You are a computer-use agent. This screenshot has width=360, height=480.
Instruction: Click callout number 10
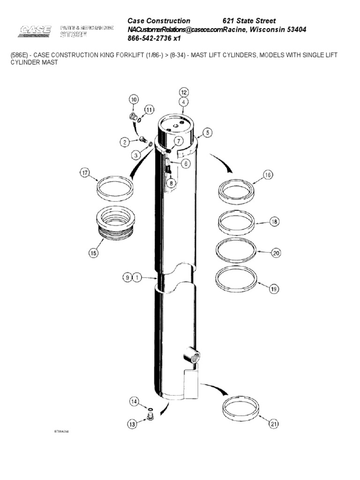coord(134,99)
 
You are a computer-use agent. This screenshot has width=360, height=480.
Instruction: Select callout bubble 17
coord(84,173)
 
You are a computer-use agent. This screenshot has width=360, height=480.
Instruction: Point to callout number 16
coord(268,175)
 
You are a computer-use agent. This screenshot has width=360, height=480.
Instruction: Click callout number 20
coord(276,253)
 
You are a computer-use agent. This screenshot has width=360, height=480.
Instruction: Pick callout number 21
coord(273,424)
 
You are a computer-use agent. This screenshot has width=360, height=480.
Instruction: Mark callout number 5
coord(208,133)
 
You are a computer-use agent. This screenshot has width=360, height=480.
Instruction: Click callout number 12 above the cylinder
coord(184,92)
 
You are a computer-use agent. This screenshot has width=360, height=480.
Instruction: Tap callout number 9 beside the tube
coord(127,278)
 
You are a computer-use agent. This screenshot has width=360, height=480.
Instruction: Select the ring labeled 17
coord(114,188)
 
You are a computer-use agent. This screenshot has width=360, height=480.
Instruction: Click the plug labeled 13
coord(150,417)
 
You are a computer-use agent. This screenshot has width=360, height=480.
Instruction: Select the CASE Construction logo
coord(35,31)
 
